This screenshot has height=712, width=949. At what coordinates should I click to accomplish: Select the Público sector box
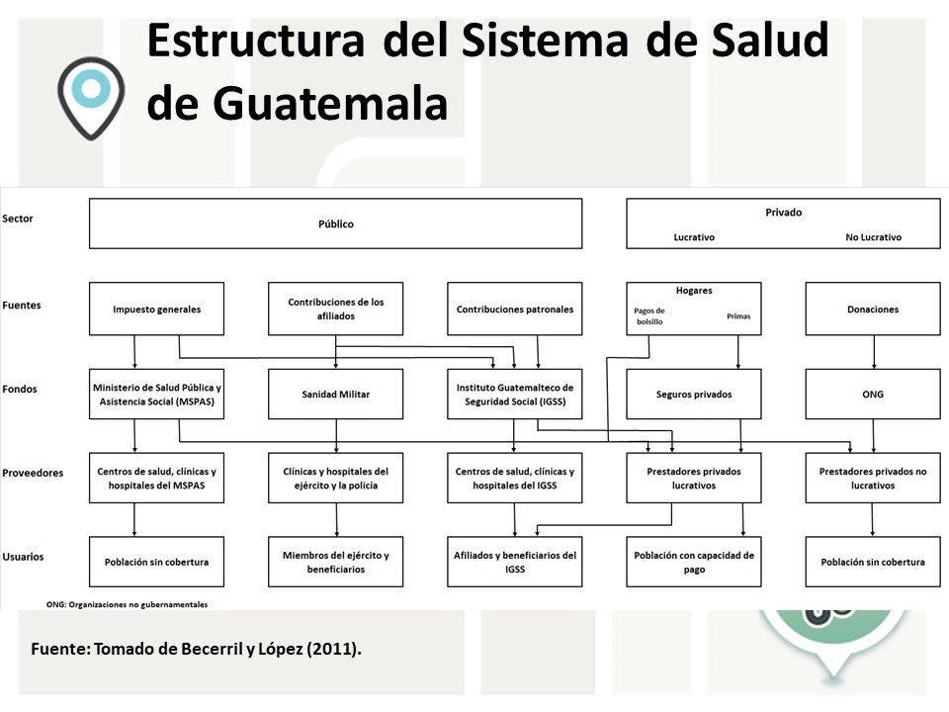pyautogui.click(x=335, y=223)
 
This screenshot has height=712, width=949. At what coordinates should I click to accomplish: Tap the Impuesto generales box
pyautogui.click(x=156, y=310)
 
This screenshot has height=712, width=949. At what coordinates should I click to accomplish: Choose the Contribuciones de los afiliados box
pyautogui.click(x=335, y=309)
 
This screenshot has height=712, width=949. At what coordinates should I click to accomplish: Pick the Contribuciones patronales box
pyautogui.click(x=514, y=310)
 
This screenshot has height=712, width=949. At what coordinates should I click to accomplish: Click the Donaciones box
pyautogui.click(x=873, y=310)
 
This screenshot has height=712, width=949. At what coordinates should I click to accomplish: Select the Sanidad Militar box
pyautogui.click(x=335, y=394)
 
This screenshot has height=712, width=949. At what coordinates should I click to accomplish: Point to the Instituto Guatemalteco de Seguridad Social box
pyautogui.click(x=514, y=394)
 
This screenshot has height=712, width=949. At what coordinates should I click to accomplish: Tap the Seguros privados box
pyautogui.click(x=693, y=394)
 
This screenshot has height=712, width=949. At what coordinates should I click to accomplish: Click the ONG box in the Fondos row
pyautogui.click(x=873, y=394)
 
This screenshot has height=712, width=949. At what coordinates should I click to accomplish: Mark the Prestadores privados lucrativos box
pyautogui.click(x=693, y=478)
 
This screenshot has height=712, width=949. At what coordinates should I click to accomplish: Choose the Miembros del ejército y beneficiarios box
pyautogui.click(x=335, y=562)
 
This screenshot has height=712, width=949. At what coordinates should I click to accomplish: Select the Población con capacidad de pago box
pyautogui.click(x=693, y=562)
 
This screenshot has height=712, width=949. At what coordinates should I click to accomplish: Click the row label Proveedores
pyautogui.click(x=33, y=473)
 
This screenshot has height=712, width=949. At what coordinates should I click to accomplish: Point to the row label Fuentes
pyautogui.click(x=22, y=306)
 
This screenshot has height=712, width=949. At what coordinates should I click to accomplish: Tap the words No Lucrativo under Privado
pyautogui.click(x=873, y=237)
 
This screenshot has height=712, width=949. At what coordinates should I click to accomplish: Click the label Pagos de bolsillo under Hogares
pyautogui.click(x=648, y=316)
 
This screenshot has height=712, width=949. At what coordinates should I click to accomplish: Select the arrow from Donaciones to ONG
pyautogui.click(x=873, y=352)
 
